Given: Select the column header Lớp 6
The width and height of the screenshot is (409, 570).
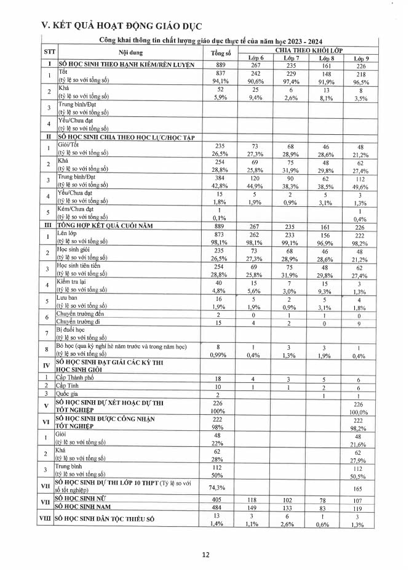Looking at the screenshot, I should [256, 58].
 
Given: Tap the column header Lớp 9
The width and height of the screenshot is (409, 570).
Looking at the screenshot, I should [360, 58].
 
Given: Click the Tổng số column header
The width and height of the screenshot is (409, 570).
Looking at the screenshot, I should [220, 53].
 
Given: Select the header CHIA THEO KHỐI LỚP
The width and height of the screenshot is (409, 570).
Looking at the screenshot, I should [309, 49].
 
